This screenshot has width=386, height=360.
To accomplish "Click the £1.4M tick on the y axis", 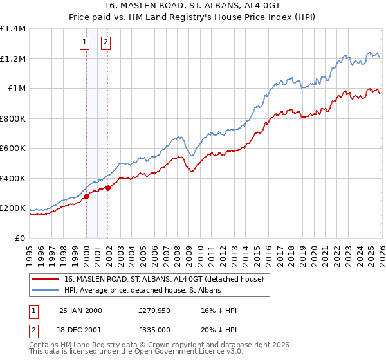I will (x=13, y=29).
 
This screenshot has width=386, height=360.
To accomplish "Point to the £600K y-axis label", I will (x=13, y=148).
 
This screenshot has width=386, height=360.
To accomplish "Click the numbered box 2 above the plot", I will (x=106, y=43).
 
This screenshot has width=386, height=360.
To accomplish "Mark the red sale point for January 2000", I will (x=86, y=197).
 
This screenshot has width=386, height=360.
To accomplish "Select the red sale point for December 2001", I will (x=108, y=188).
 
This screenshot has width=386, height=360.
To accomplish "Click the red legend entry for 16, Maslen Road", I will (x=163, y=280).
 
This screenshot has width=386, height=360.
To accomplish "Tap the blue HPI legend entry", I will (x=142, y=291).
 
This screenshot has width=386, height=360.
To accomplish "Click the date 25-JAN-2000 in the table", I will (x=80, y=310).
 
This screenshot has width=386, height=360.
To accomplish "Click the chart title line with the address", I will (x=193, y=6).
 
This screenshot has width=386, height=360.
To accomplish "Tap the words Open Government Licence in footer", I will (x=166, y=352).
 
